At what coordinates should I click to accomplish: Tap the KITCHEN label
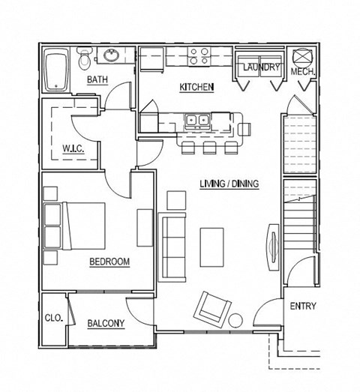196,88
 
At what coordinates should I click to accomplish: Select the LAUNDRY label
261,68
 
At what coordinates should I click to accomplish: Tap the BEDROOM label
109,262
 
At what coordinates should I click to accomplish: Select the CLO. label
53,318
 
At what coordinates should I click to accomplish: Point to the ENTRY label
302,306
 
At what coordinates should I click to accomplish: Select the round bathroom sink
112,55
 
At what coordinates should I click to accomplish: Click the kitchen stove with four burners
199,56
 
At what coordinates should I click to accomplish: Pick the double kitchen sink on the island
198,119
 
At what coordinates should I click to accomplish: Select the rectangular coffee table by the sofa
212,247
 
